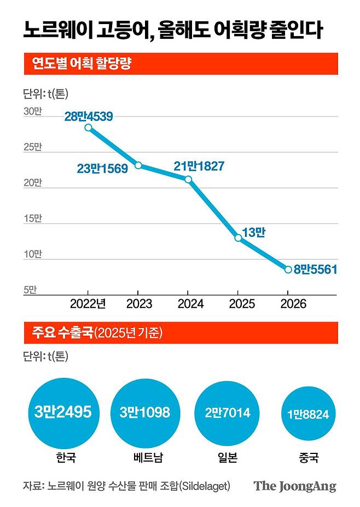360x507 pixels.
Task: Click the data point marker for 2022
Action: point(89,128)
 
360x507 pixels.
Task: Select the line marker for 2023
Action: point(138,165)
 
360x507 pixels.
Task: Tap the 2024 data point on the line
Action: point(188,179)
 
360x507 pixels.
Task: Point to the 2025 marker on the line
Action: point(238,238)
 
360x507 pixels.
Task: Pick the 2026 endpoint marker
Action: point(288,269)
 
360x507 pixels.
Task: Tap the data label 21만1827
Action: point(199,166)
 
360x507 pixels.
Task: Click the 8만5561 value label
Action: point(315,269)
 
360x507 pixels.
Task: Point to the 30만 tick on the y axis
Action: point(32,111)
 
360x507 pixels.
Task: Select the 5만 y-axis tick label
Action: point(30,290)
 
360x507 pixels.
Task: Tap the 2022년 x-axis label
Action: point(88,304)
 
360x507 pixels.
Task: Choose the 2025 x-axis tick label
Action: point(238,304)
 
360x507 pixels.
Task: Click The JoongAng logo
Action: point(294,486)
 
